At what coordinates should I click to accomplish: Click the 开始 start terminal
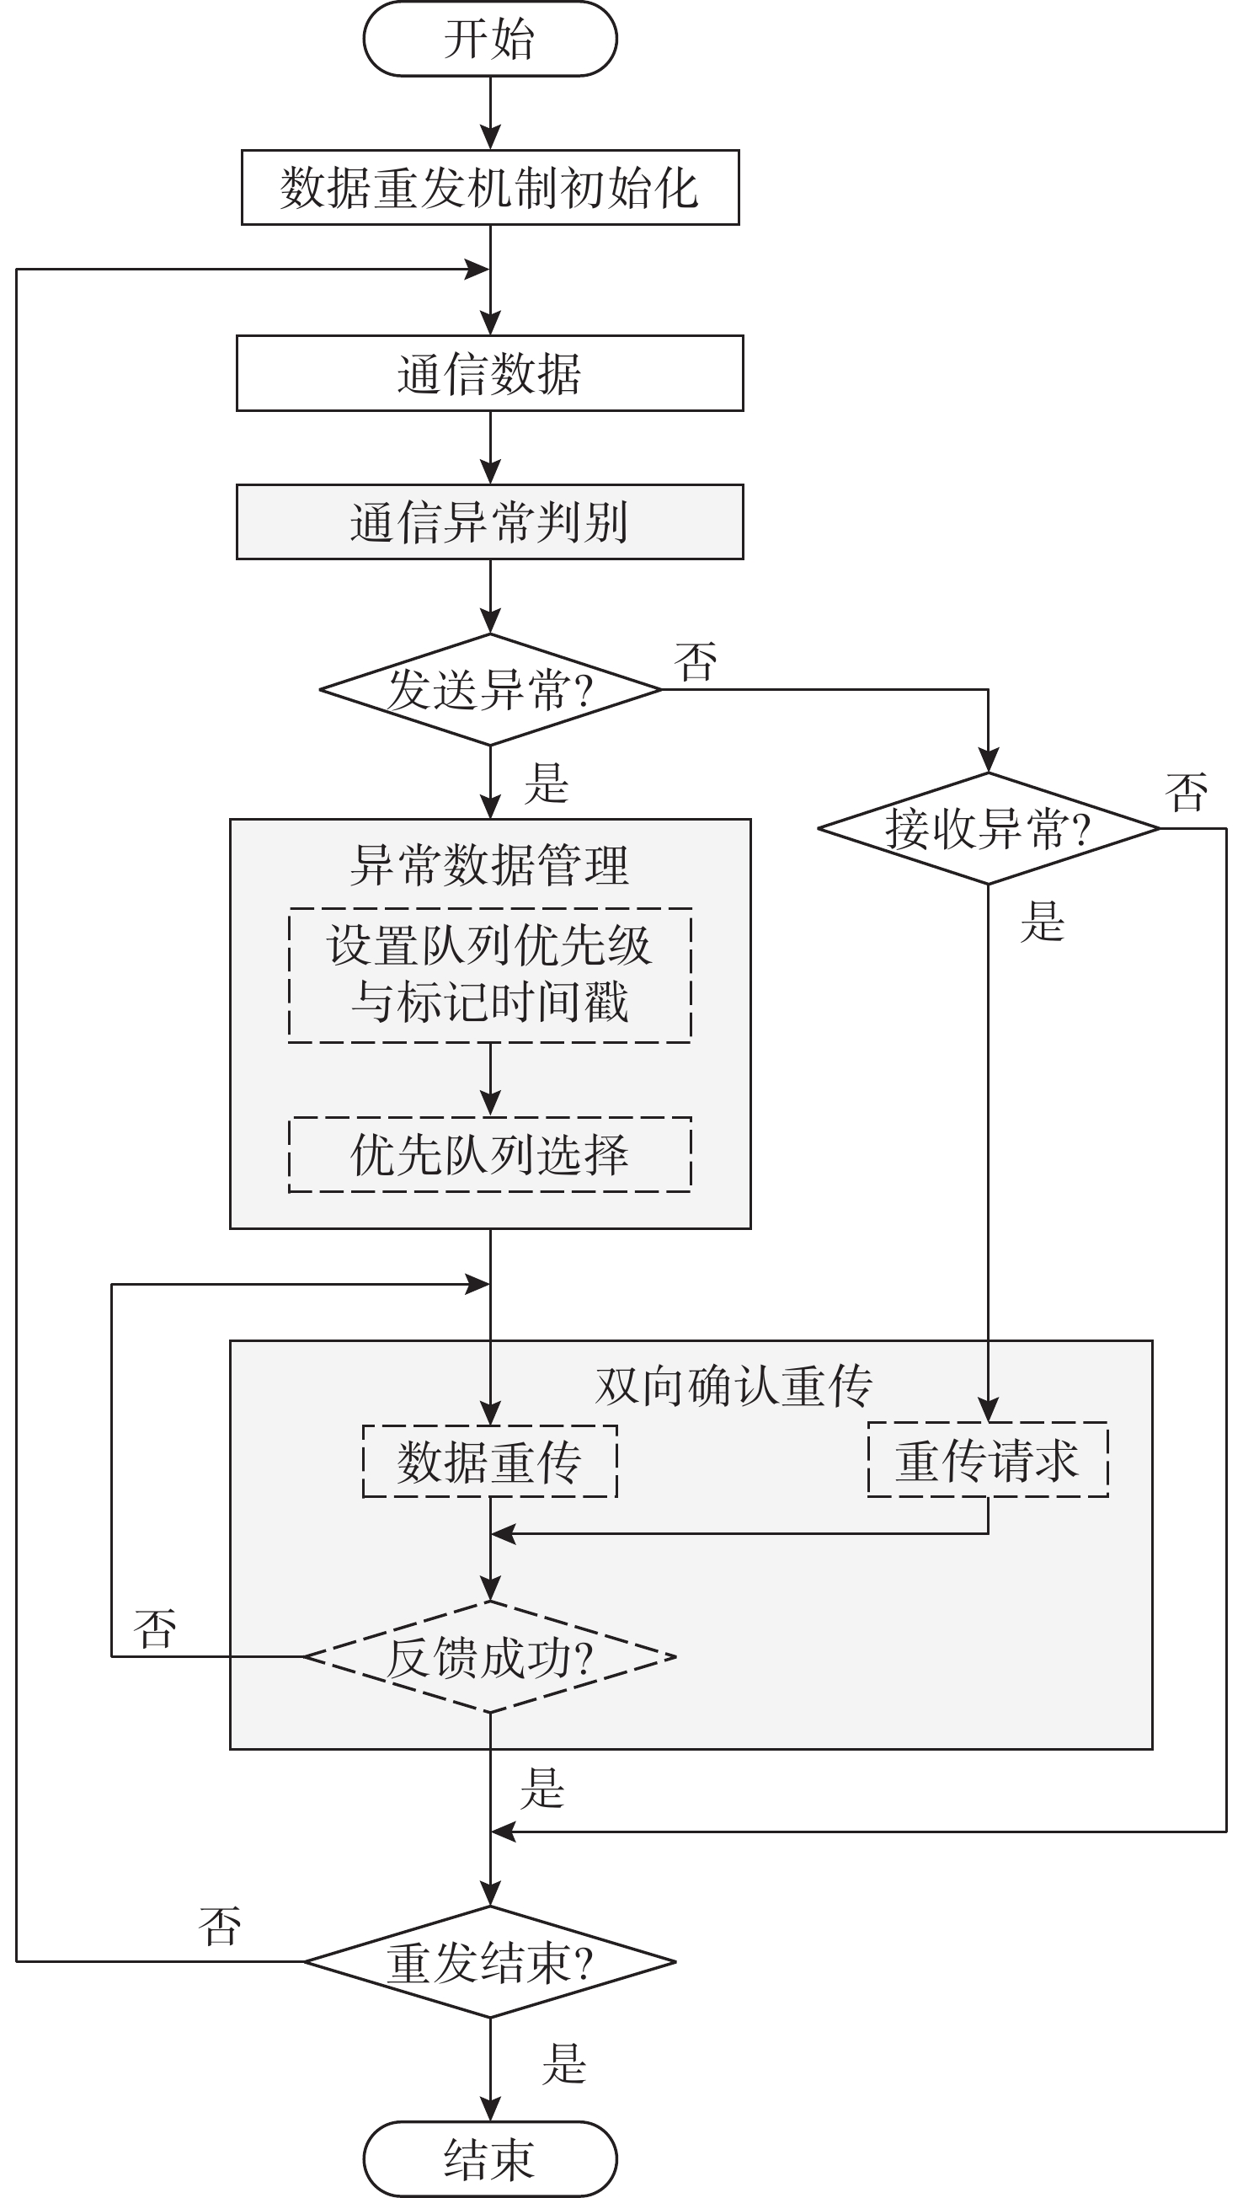coord(490,40)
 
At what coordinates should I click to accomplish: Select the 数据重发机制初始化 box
coord(490,188)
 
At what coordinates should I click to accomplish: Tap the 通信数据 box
coord(490,373)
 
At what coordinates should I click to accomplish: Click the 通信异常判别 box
coord(490,521)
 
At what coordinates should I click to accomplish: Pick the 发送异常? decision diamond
coord(490,689)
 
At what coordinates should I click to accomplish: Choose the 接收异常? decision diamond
coord(988,828)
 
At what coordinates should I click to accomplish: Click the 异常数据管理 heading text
coord(490,864)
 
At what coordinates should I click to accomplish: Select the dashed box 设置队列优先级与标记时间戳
coord(490,975)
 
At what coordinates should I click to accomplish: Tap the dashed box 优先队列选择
coord(490,1154)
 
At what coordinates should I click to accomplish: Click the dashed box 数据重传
coord(490,1461)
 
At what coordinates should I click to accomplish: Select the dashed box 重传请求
coord(988,1459)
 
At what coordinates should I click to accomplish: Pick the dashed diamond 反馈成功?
coord(490,1656)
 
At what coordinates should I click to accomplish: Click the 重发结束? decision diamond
coord(490,1961)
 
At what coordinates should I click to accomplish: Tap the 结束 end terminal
coord(490,2158)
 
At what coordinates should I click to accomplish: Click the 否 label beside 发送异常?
coord(695,662)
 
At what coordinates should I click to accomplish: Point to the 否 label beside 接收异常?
coord(1187,793)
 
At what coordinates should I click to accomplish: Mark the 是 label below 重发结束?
coord(564,2064)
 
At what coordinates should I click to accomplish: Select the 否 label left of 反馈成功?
coord(155,1628)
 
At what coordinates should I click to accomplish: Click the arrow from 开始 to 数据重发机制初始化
coord(490,113)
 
